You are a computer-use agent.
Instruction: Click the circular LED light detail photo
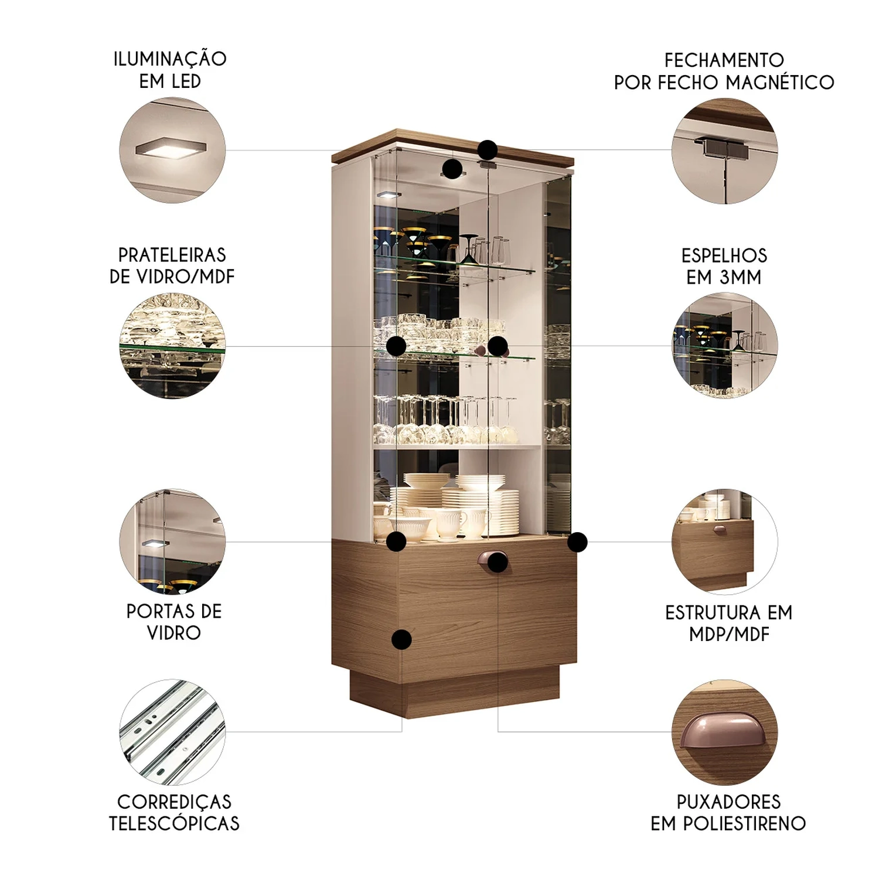[172, 150]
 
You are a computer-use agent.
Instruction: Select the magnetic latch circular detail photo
[725, 151]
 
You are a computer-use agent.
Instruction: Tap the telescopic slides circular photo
[172, 732]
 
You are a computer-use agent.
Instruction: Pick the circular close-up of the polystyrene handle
[725, 732]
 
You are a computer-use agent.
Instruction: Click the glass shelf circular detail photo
[172, 346]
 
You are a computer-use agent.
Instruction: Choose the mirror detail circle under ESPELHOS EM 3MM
[725, 346]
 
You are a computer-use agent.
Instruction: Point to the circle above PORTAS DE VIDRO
[172, 542]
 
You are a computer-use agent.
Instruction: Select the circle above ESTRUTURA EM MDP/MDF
[725, 542]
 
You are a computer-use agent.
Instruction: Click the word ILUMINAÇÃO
[170, 59]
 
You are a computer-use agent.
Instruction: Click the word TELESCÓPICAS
[175, 823]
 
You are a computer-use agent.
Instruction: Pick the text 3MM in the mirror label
[741, 277]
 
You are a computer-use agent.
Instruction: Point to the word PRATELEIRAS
[172, 255]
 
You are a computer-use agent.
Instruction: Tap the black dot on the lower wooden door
[401, 640]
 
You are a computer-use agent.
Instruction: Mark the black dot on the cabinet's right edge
[577, 542]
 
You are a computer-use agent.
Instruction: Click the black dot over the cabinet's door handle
[498, 562]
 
